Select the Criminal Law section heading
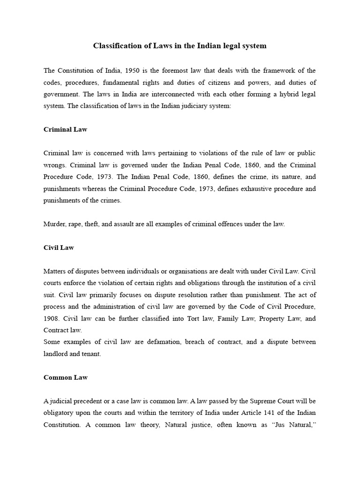[x=65, y=129]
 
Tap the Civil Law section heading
[x=59, y=247]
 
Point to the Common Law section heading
[x=66, y=377]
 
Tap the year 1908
[x=52, y=319]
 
